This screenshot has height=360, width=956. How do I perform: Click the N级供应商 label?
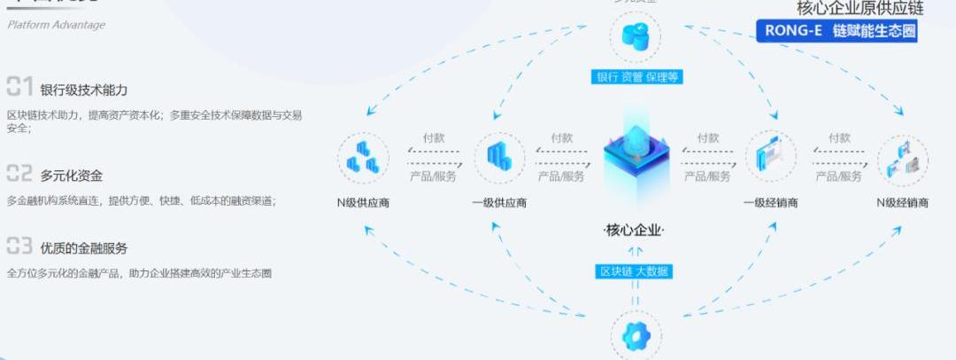363,202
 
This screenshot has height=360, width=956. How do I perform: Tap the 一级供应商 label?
499,202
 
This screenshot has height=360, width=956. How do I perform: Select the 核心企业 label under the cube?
634,231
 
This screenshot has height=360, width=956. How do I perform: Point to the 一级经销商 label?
770,202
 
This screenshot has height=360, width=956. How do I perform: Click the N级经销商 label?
902,202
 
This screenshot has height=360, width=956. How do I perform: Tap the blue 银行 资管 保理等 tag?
636,77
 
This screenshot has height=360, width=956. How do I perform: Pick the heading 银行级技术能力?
84,90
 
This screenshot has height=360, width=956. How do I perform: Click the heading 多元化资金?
71,176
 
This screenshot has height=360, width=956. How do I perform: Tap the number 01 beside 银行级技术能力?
19,87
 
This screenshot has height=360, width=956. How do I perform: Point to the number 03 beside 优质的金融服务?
19,246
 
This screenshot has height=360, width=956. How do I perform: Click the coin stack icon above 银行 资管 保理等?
636,36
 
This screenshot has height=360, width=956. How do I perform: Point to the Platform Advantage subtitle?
57,25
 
